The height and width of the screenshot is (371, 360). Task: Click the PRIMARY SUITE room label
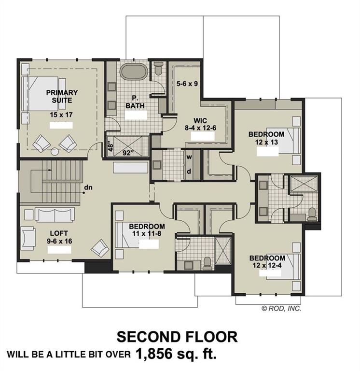(x=62, y=97)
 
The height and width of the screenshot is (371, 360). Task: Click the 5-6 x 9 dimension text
(x=187, y=84)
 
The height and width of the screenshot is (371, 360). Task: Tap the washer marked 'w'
(x=190, y=157)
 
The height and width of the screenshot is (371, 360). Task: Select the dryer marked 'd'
(x=190, y=171)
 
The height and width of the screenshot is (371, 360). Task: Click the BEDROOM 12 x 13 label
(x=267, y=138)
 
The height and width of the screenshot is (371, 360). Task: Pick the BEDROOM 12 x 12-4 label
(x=267, y=262)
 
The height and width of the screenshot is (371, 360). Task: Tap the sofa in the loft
(x=54, y=214)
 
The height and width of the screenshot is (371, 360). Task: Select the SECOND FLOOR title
(x=177, y=337)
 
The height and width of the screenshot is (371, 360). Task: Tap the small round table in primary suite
(x=55, y=151)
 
